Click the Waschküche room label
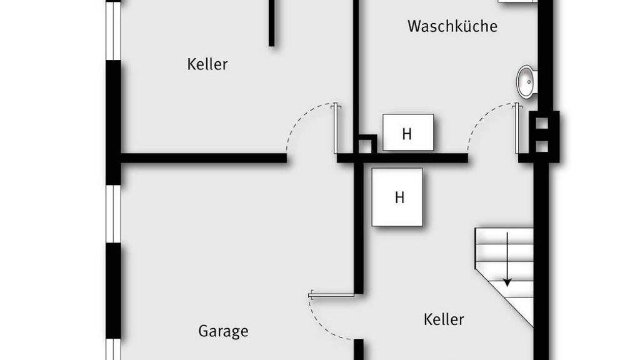tap(452, 26)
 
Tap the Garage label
tap(223, 331)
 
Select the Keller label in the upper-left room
tap(207, 64)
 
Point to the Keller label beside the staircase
tap(444, 319)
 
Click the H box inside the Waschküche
tap(407, 132)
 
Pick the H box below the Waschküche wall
tap(398, 197)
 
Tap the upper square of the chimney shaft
tap(542, 122)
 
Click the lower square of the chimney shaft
tap(542, 147)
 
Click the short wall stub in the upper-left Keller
tap(272, 22)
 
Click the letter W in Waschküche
tap(414, 26)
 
